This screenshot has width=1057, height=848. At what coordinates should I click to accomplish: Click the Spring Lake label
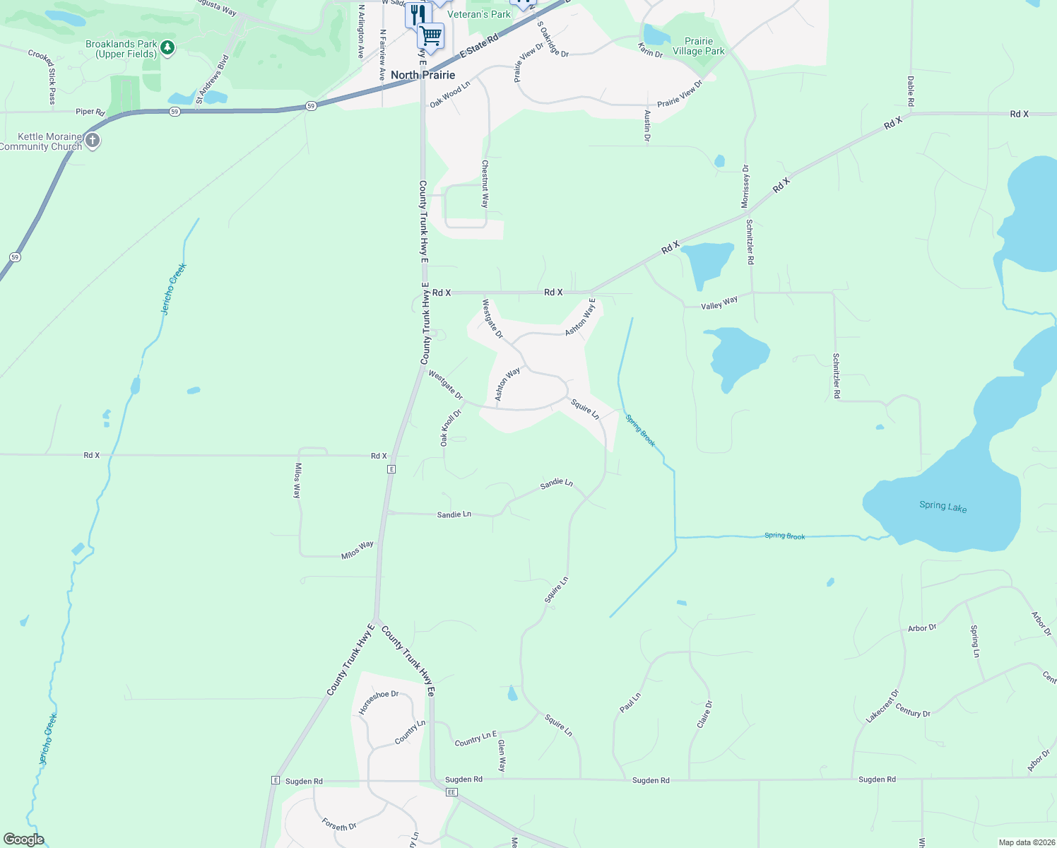943,506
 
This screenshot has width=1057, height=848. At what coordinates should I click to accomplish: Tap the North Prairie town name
423,75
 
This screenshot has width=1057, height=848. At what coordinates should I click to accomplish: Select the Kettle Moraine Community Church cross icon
92,141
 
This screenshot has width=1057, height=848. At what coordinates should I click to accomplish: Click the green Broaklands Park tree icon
167,48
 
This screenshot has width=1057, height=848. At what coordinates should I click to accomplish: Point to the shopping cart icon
430,35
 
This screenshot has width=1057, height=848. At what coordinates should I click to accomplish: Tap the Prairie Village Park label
698,46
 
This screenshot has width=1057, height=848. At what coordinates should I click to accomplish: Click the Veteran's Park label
479,14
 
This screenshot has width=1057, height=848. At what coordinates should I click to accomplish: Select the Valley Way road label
719,303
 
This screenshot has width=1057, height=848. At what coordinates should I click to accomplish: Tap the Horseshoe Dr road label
379,702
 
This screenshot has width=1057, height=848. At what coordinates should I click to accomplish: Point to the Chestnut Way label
485,184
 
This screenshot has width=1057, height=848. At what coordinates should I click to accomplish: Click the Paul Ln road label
630,702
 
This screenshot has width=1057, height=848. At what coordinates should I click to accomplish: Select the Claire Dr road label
704,714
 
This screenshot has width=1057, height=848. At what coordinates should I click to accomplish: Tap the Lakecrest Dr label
882,706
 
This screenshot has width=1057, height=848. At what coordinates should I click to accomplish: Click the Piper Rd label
90,112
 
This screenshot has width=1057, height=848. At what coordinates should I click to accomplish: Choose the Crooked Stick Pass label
51,77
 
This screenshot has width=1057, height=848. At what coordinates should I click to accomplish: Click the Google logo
24,840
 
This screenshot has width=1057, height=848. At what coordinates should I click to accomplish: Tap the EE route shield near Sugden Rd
451,792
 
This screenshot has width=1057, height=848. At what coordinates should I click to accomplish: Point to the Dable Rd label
911,92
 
